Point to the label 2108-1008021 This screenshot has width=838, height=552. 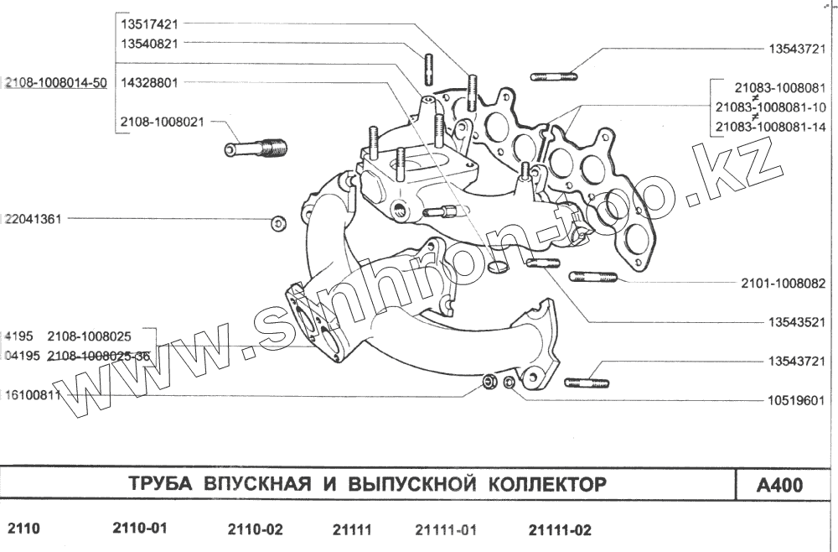click(162, 122)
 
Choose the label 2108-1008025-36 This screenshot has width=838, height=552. click(99, 356)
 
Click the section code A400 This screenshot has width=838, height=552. click(779, 485)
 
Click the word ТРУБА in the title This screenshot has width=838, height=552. click(159, 485)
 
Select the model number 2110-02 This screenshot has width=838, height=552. click(256, 530)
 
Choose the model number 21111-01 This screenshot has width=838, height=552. click(446, 530)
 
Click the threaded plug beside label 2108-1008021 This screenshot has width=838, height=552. click(256, 149)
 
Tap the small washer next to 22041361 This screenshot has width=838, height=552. click(278, 222)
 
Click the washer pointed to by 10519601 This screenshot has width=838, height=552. click(509, 384)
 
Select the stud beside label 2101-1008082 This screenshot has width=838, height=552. click(593, 277)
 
